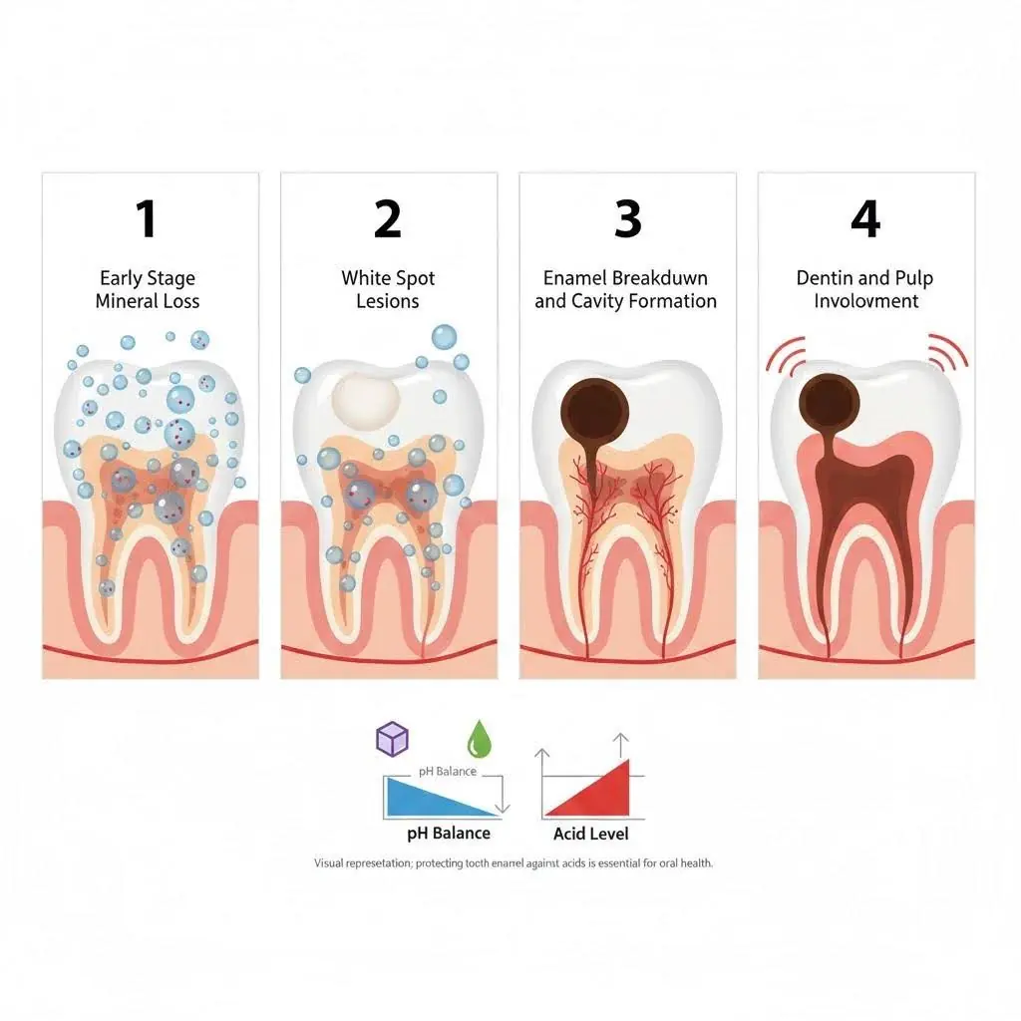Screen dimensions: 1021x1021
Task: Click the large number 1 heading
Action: click(x=147, y=218)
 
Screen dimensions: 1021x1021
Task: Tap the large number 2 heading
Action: click(x=388, y=218)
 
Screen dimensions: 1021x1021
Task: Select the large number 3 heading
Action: click(x=628, y=218)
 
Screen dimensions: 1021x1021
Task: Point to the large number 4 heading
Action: click(x=866, y=218)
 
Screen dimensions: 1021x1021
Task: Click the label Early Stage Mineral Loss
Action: click(x=148, y=290)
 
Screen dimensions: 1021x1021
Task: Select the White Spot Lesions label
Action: click(x=388, y=290)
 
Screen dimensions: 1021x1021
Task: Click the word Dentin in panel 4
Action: click(x=824, y=278)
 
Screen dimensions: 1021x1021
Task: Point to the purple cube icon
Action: click(x=393, y=739)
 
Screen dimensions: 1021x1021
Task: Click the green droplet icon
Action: click(x=480, y=739)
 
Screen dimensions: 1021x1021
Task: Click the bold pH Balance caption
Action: click(x=449, y=834)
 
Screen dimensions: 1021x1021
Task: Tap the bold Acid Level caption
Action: click(x=591, y=834)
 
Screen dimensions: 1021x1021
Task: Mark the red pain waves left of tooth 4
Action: click(x=786, y=355)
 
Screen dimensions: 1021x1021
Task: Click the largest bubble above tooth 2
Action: click(x=444, y=337)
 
